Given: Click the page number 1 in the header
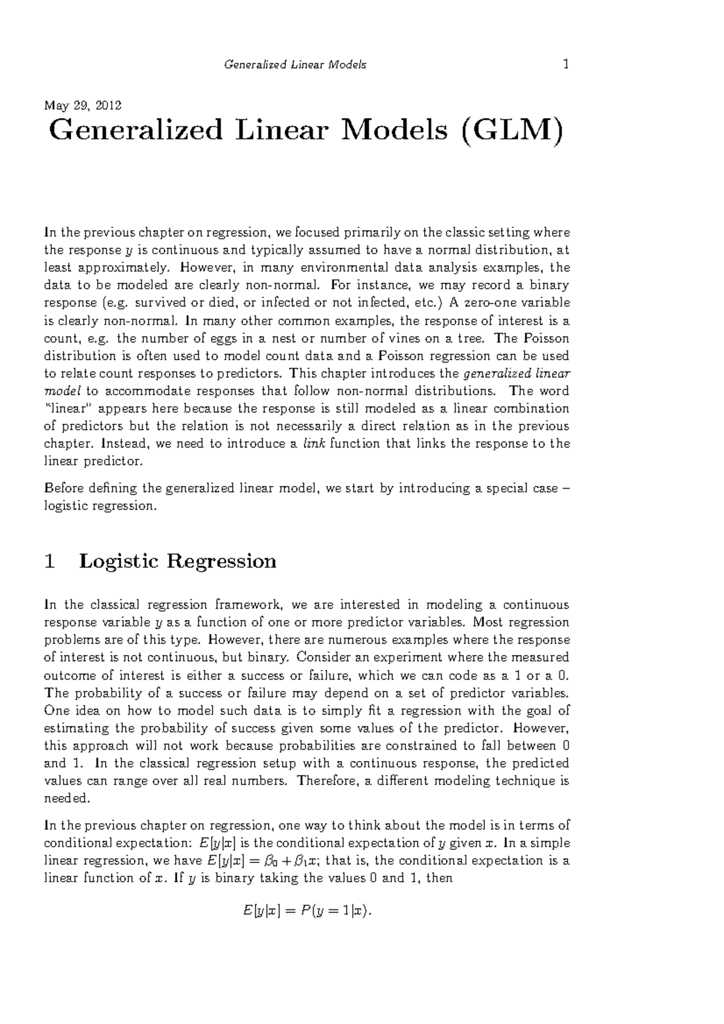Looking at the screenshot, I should tap(566, 65).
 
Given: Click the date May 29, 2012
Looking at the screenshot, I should tap(83, 106).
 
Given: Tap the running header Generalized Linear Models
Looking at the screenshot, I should tap(295, 65).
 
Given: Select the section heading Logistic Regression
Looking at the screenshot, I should tap(177, 561).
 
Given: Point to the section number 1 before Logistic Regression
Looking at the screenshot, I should tap(51, 561).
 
